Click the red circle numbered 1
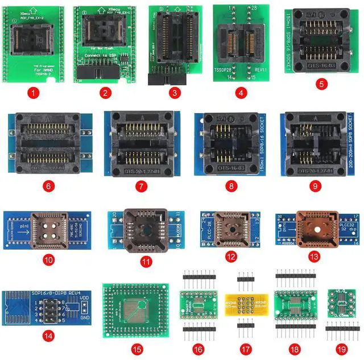(x=35, y=91)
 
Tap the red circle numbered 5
(x=323, y=83)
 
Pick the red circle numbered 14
(x=49, y=336)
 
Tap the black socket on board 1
(x=35, y=34)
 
